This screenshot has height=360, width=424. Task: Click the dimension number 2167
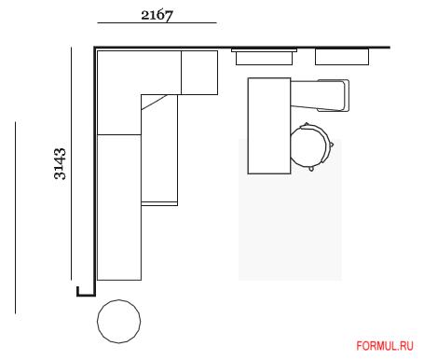tap(157, 15)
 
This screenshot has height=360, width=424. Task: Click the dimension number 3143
tap(60, 164)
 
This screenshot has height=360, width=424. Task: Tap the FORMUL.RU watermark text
tap(385, 346)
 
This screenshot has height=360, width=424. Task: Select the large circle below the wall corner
tap(118, 322)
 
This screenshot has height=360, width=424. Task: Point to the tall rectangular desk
tap(269, 126)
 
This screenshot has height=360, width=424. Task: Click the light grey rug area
tap(291, 227)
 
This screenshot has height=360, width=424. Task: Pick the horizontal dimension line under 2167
tap(157, 22)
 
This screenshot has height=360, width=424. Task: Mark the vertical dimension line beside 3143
tap(71, 163)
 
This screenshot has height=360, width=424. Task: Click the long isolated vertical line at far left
tap(15, 217)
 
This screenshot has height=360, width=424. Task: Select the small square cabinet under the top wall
tap(199, 73)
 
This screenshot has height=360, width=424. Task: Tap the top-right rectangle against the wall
tap(342, 57)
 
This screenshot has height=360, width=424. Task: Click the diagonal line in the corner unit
tap(154, 103)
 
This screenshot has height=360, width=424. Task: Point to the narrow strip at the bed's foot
tap(159, 203)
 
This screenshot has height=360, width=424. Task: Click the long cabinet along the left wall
tap(119, 207)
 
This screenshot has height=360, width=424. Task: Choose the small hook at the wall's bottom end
tap(85, 294)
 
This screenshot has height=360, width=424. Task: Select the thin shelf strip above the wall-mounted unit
tap(264, 50)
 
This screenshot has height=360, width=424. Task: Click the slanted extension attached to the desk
tap(320, 95)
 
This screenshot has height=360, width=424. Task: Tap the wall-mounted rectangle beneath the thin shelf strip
tap(264, 59)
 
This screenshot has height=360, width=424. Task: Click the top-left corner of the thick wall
tap(94, 48)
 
